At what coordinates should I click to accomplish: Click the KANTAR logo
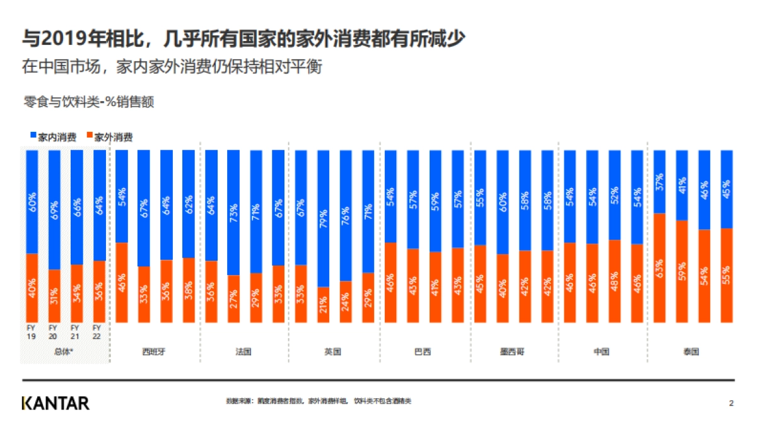[56, 403]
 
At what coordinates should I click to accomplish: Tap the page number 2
[731, 403]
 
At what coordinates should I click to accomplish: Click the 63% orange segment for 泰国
[660, 268]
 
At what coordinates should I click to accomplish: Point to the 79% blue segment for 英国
[323, 218]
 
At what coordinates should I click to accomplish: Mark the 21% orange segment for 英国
[323, 304]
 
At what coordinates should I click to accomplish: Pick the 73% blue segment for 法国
[233, 213]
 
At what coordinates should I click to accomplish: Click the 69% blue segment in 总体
[54, 210]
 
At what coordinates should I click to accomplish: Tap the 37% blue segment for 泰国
[660, 182]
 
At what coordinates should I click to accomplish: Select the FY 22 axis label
[98, 332]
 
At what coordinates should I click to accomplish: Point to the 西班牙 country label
[154, 352]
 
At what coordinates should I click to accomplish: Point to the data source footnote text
[318, 401]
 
